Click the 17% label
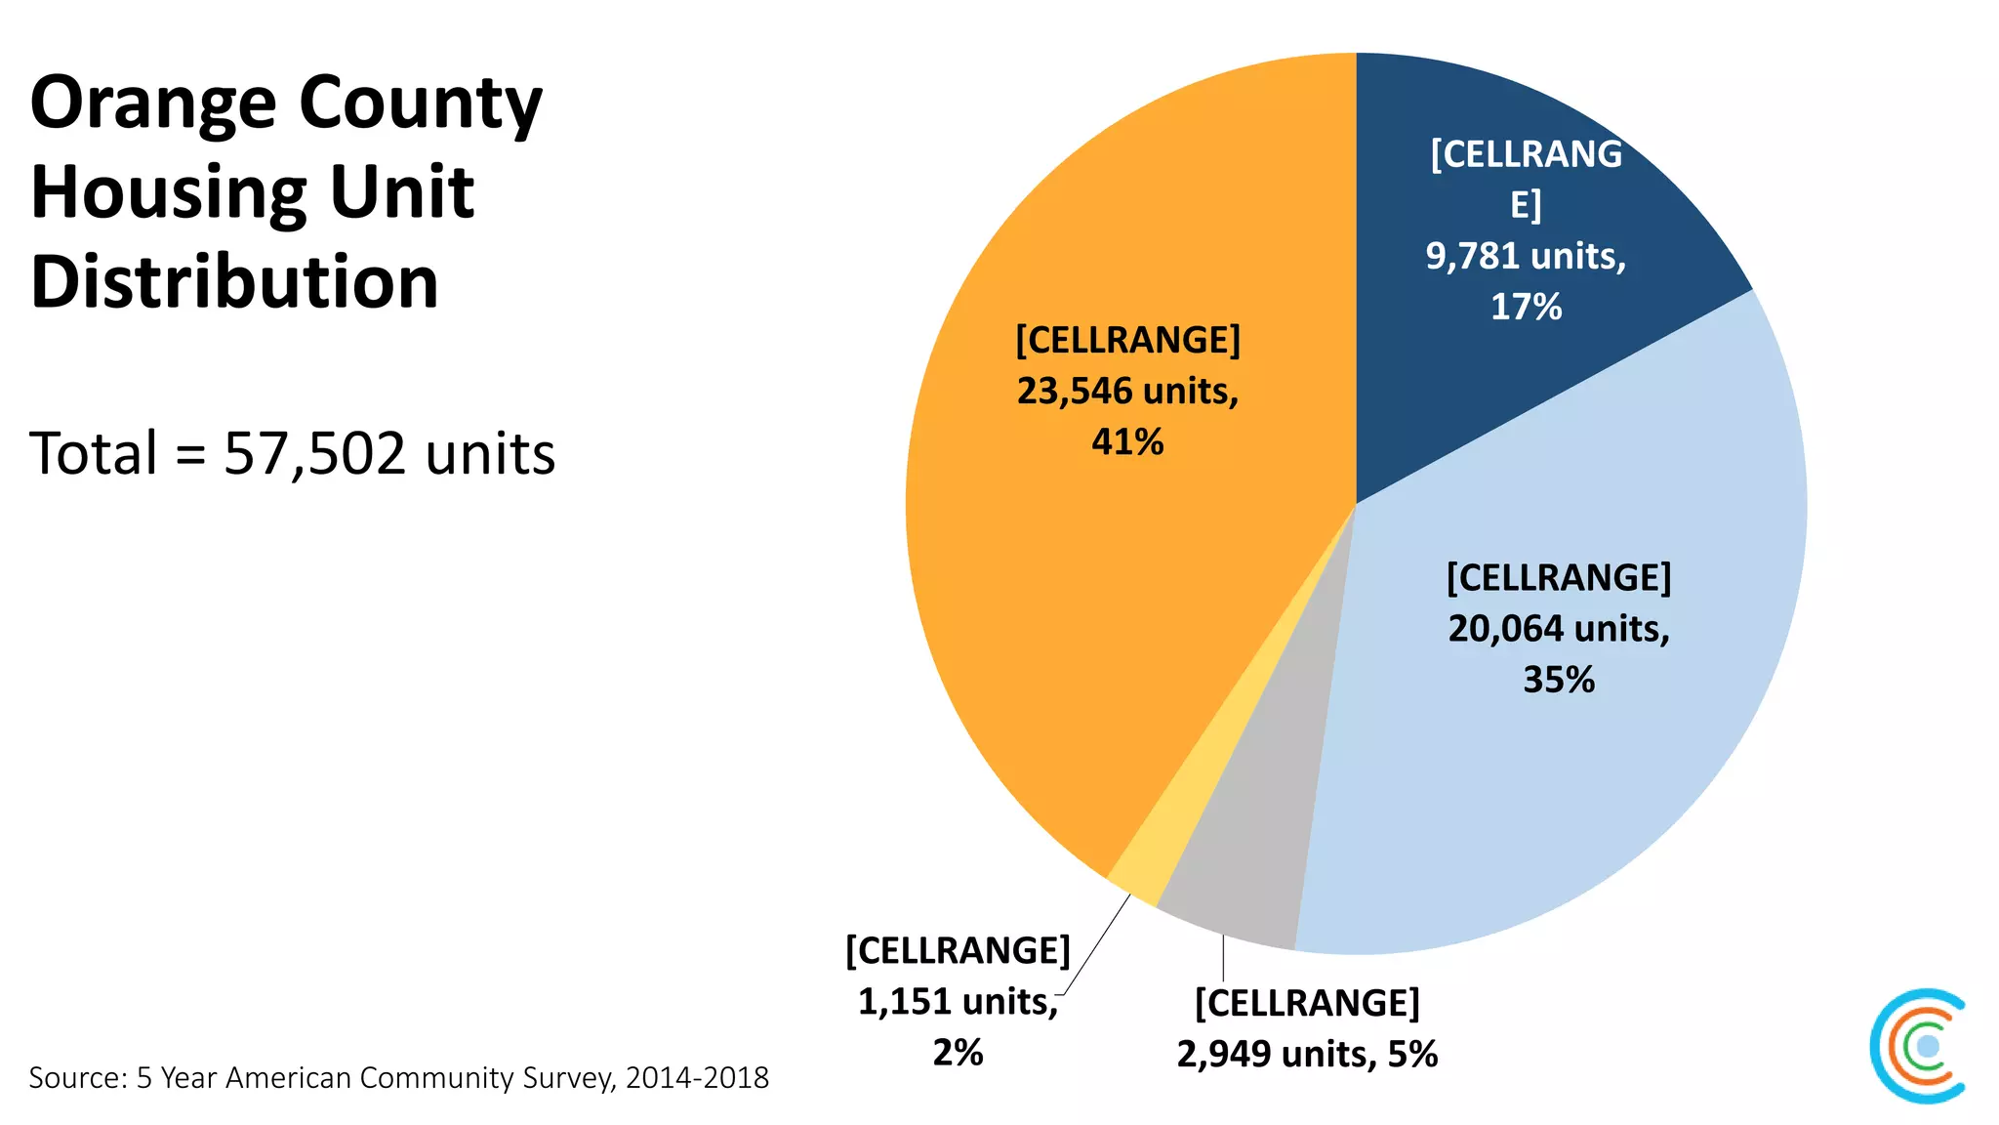click(x=1526, y=308)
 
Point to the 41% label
click(x=1127, y=442)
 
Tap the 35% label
click(x=1559, y=680)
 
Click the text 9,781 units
click(x=1526, y=257)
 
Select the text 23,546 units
click(x=1127, y=392)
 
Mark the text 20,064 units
click(x=1559, y=629)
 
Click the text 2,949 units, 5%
click(x=1307, y=1055)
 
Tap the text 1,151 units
click(x=958, y=1002)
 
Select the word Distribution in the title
click(x=234, y=281)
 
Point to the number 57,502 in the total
click(x=313, y=454)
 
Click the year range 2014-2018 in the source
click(x=697, y=1078)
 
